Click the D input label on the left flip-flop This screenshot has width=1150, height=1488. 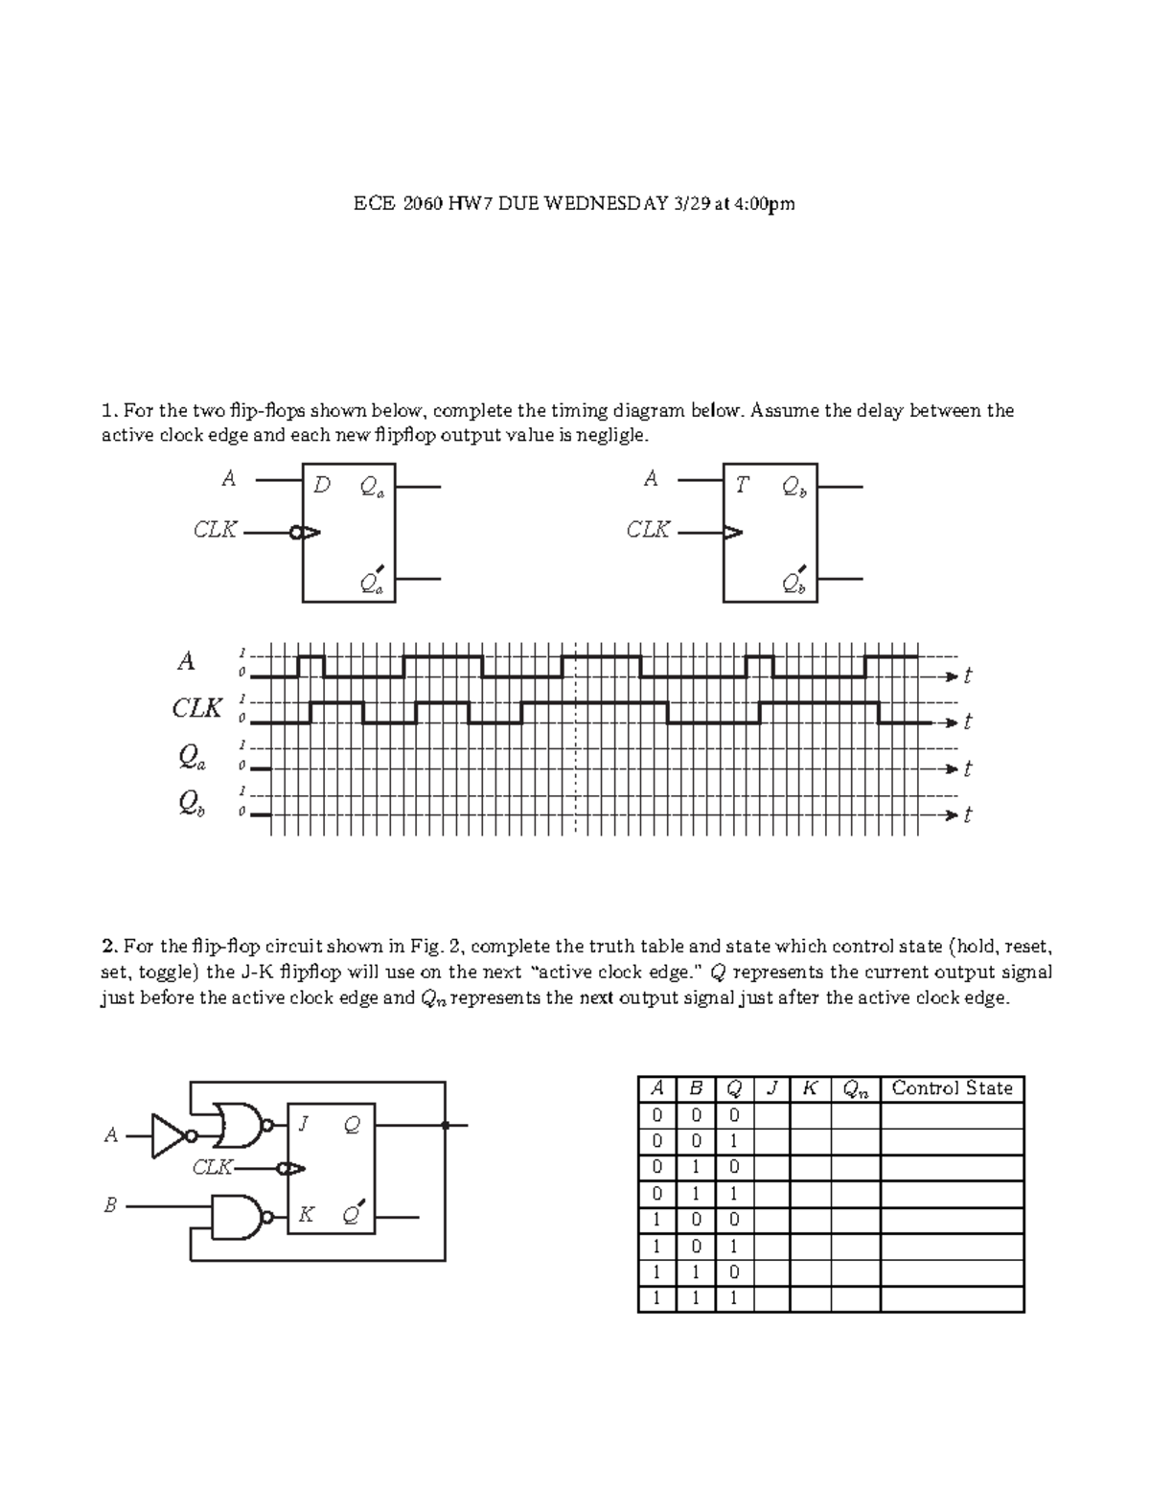[x=322, y=486]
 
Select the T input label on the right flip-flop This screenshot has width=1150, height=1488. [x=741, y=486]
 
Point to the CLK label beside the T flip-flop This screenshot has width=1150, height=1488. [x=648, y=530]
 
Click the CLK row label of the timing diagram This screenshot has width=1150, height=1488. [x=197, y=709]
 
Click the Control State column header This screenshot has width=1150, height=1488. [x=952, y=1088]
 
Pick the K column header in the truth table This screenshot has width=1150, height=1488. [x=810, y=1088]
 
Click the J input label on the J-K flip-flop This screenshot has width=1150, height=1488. [x=304, y=1125]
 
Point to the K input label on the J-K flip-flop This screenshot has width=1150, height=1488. [x=306, y=1215]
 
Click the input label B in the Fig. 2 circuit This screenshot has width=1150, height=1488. [x=110, y=1206]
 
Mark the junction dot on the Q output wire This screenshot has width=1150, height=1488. [x=445, y=1125]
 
